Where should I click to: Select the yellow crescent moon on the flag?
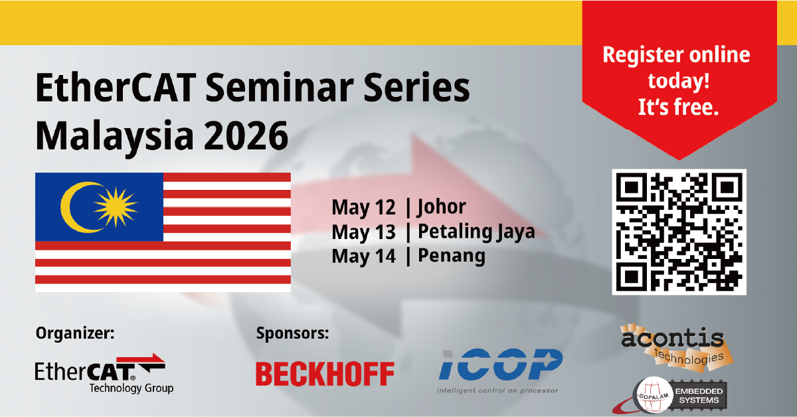point(75,207)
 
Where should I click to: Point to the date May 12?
point(363,208)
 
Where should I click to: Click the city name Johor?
point(442,208)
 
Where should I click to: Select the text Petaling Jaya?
point(476,232)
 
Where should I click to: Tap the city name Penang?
point(451,256)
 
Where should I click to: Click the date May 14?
point(363,256)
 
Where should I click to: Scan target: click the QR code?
point(679,232)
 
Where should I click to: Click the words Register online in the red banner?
point(675,54)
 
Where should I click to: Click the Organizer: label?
point(75,333)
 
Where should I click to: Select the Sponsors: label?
point(292,333)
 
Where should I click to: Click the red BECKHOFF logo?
point(325,374)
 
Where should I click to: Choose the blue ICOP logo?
point(500,366)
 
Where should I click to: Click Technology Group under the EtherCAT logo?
point(131,388)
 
